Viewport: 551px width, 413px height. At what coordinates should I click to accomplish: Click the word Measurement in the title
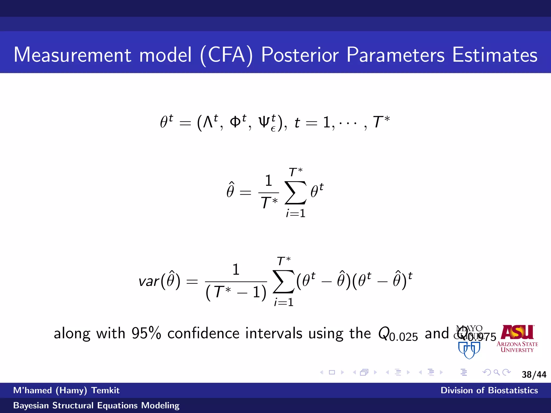[x=72, y=55]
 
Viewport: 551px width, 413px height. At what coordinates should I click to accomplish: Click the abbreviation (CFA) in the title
[x=227, y=55]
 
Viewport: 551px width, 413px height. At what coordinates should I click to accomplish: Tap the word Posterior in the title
[x=300, y=55]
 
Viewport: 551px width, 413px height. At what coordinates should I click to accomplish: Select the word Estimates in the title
[x=495, y=55]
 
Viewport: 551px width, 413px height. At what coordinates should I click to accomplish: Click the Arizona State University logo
[x=517, y=339]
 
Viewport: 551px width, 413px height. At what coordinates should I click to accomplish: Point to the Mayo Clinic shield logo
[x=469, y=349]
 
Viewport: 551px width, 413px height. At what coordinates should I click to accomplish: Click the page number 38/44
[x=534, y=375]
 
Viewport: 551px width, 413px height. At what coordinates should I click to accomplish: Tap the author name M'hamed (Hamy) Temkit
[x=66, y=390]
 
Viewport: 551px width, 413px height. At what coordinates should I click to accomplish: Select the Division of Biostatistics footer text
[x=489, y=390]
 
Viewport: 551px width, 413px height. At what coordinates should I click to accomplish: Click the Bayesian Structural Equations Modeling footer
[x=96, y=405]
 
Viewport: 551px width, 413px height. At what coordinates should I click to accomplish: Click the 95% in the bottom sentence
[x=146, y=333]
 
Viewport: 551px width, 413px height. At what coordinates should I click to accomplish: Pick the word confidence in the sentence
[x=203, y=333]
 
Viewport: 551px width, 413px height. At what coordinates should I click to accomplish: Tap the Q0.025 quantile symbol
[x=398, y=334]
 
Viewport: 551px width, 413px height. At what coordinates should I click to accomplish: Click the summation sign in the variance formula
[x=284, y=282]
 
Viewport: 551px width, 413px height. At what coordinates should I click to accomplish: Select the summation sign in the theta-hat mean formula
[x=295, y=193]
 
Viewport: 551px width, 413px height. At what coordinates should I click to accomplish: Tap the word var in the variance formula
[x=149, y=282]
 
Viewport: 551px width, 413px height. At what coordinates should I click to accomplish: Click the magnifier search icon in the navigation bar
[x=497, y=372]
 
